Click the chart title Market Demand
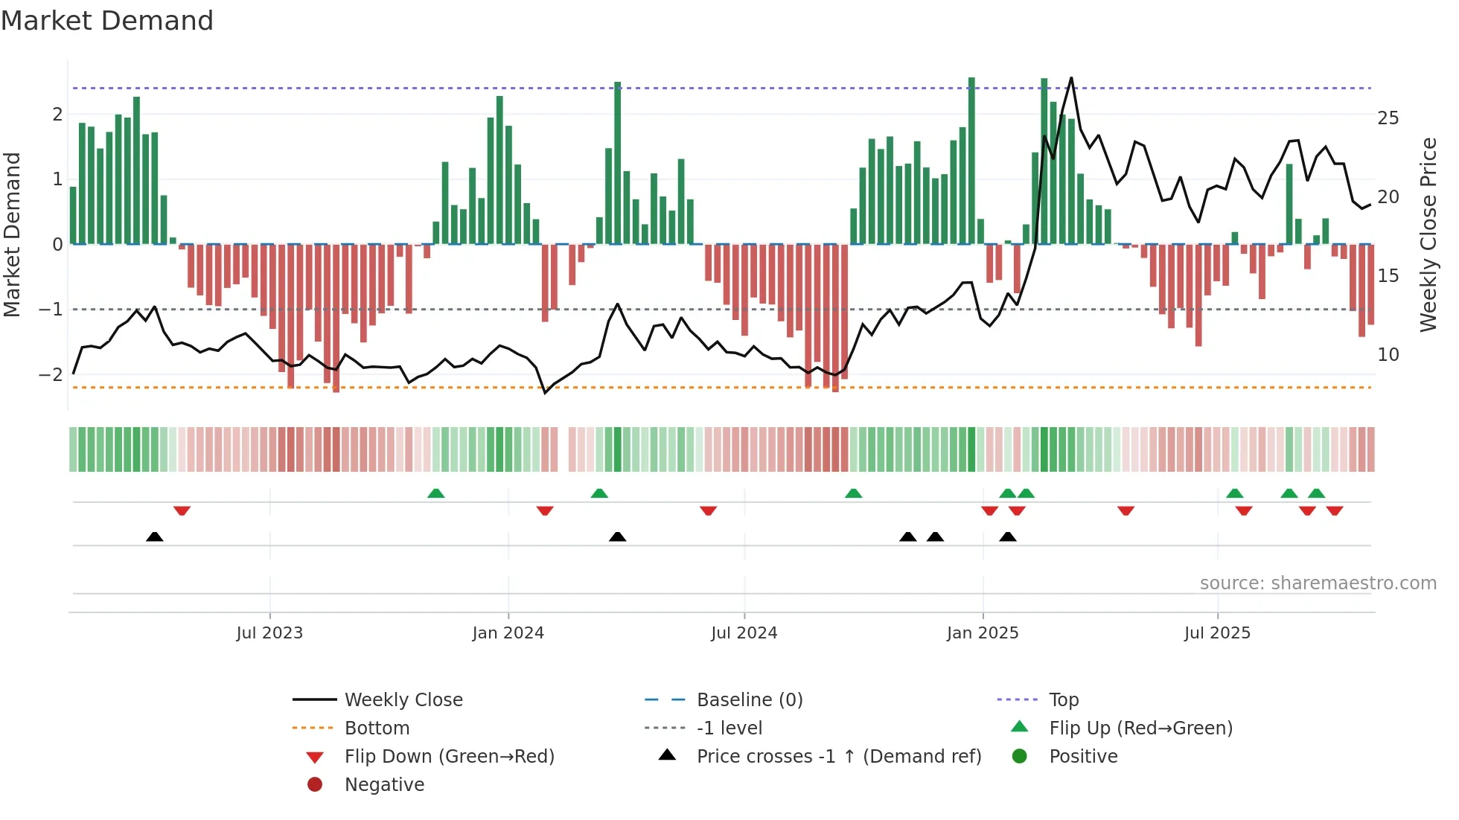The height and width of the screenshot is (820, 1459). [107, 21]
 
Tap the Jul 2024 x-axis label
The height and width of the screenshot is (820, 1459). [744, 633]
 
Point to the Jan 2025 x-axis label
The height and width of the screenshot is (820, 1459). [982, 633]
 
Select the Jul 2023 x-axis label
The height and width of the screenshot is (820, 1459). [269, 633]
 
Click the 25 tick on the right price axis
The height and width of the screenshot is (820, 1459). [1388, 118]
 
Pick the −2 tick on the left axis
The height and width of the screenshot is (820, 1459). [51, 374]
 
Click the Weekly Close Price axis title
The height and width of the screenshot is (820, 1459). [1428, 234]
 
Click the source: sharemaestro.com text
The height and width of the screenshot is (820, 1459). [1318, 583]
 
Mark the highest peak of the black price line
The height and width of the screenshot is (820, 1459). [1071, 78]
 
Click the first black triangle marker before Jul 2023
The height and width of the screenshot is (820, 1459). [155, 536]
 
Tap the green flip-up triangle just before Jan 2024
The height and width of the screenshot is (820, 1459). [436, 493]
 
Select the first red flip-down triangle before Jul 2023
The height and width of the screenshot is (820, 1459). [182, 510]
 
